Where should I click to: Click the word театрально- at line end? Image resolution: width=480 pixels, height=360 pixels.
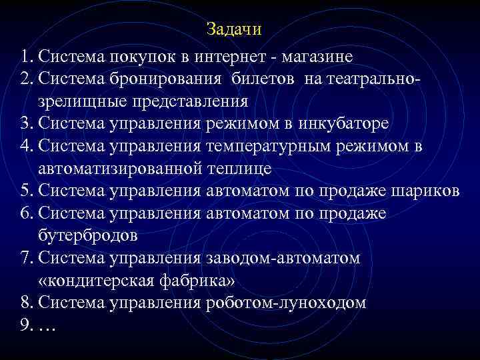click(364, 79)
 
